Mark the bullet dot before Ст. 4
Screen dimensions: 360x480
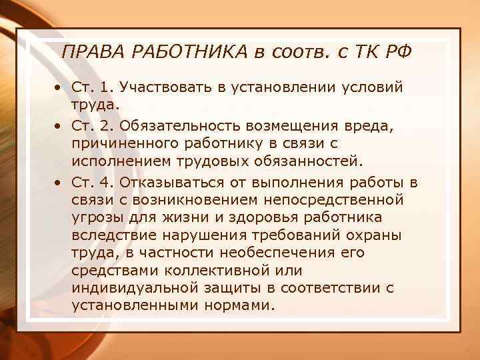click(x=59, y=181)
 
